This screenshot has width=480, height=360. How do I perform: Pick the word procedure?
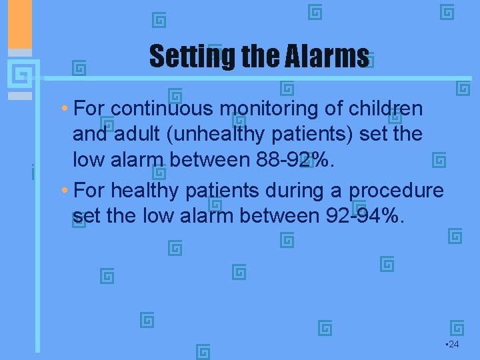click(396, 191)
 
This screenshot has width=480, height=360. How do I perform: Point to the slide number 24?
click(452, 344)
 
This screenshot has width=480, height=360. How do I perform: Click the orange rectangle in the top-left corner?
click(20, 24)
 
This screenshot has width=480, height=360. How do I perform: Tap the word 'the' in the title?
click(254, 57)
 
